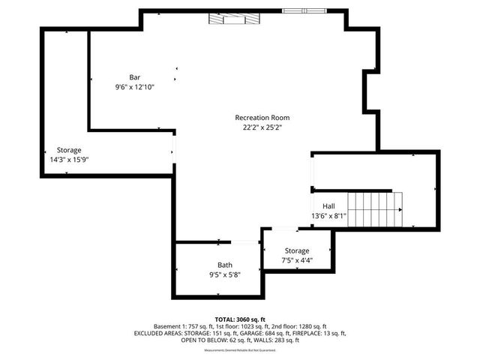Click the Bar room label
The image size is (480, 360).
(x=135, y=77)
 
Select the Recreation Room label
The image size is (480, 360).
(x=262, y=118)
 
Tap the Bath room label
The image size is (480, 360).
(x=225, y=265)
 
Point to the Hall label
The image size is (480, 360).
(x=328, y=206)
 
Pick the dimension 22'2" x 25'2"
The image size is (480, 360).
(x=262, y=127)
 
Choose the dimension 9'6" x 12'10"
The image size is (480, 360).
(x=135, y=87)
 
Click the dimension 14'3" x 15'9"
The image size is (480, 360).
(x=69, y=160)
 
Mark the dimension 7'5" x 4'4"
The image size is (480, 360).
(x=297, y=260)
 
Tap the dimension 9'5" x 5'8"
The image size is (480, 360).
(x=225, y=274)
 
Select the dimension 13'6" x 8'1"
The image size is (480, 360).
(x=328, y=216)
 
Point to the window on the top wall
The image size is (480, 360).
(x=304, y=11)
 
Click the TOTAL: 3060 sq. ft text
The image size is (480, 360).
(x=240, y=319)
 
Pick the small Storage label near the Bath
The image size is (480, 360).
(x=297, y=250)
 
